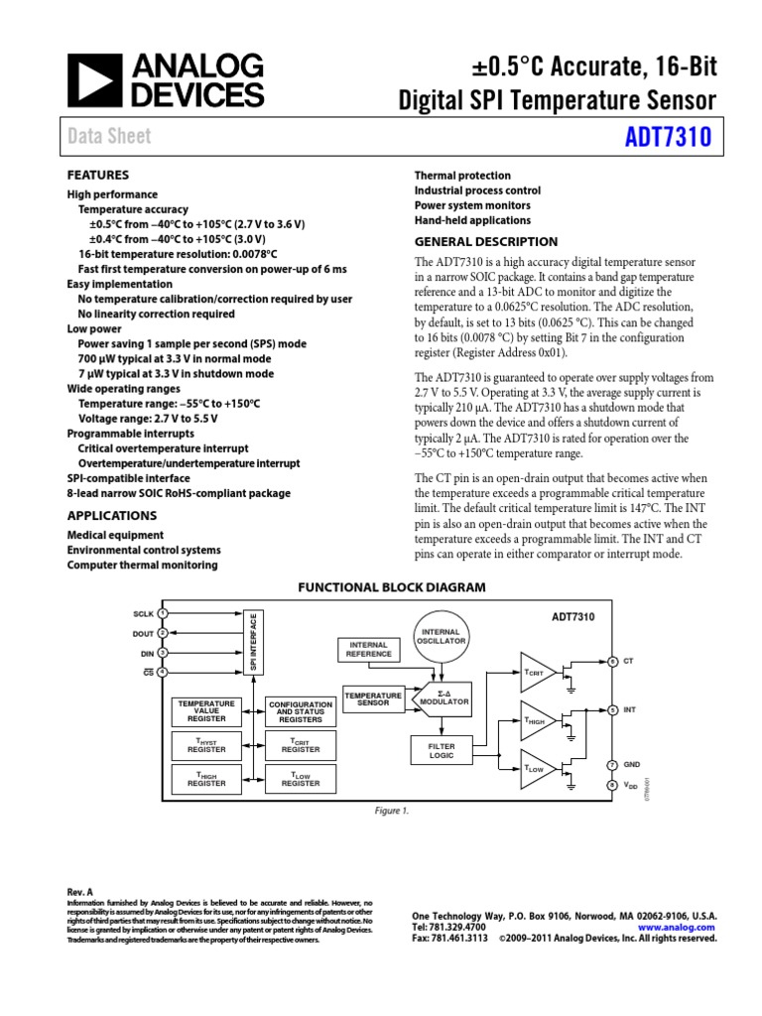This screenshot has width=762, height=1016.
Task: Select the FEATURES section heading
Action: tap(97, 174)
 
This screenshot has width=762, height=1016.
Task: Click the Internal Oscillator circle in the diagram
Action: tap(443, 636)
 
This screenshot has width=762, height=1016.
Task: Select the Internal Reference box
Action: tap(367, 650)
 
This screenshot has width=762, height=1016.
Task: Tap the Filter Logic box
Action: tap(441, 750)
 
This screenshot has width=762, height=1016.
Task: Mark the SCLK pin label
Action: tap(143, 614)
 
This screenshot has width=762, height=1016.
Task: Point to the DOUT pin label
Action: tap(143, 633)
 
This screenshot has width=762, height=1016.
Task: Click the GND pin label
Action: tap(632, 764)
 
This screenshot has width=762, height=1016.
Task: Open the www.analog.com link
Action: tap(680, 926)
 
